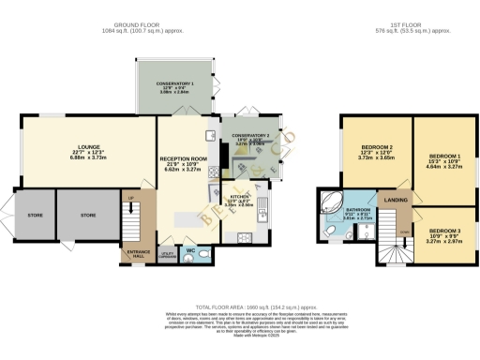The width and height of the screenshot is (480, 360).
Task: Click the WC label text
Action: coord(190,251)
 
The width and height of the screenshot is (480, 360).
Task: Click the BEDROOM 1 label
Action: coord(444,156)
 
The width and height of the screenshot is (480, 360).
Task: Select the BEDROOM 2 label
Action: coord(375,148)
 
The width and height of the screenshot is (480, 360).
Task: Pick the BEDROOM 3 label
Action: coord(444,231)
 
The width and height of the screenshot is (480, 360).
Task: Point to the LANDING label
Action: coord(396,201)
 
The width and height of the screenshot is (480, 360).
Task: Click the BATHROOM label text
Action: coord(358,210)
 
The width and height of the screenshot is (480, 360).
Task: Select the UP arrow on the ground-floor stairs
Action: coord(130,197)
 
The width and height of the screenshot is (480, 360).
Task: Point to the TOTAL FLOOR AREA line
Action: coord(240,307)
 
